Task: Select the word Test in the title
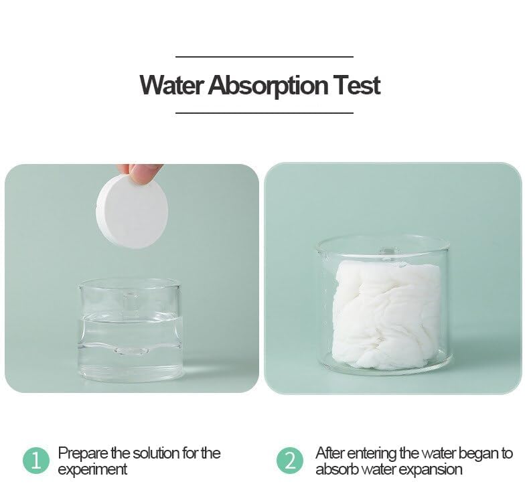tap(357, 86)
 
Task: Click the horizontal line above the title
tap(264, 57)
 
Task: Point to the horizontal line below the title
tap(264, 113)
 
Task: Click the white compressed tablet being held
tap(132, 211)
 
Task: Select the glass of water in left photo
tap(129, 331)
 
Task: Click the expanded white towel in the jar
tap(386, 311)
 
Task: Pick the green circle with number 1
tap(36, 461)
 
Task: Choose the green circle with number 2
tap(289, 461)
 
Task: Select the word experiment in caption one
tap(92, 470)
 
